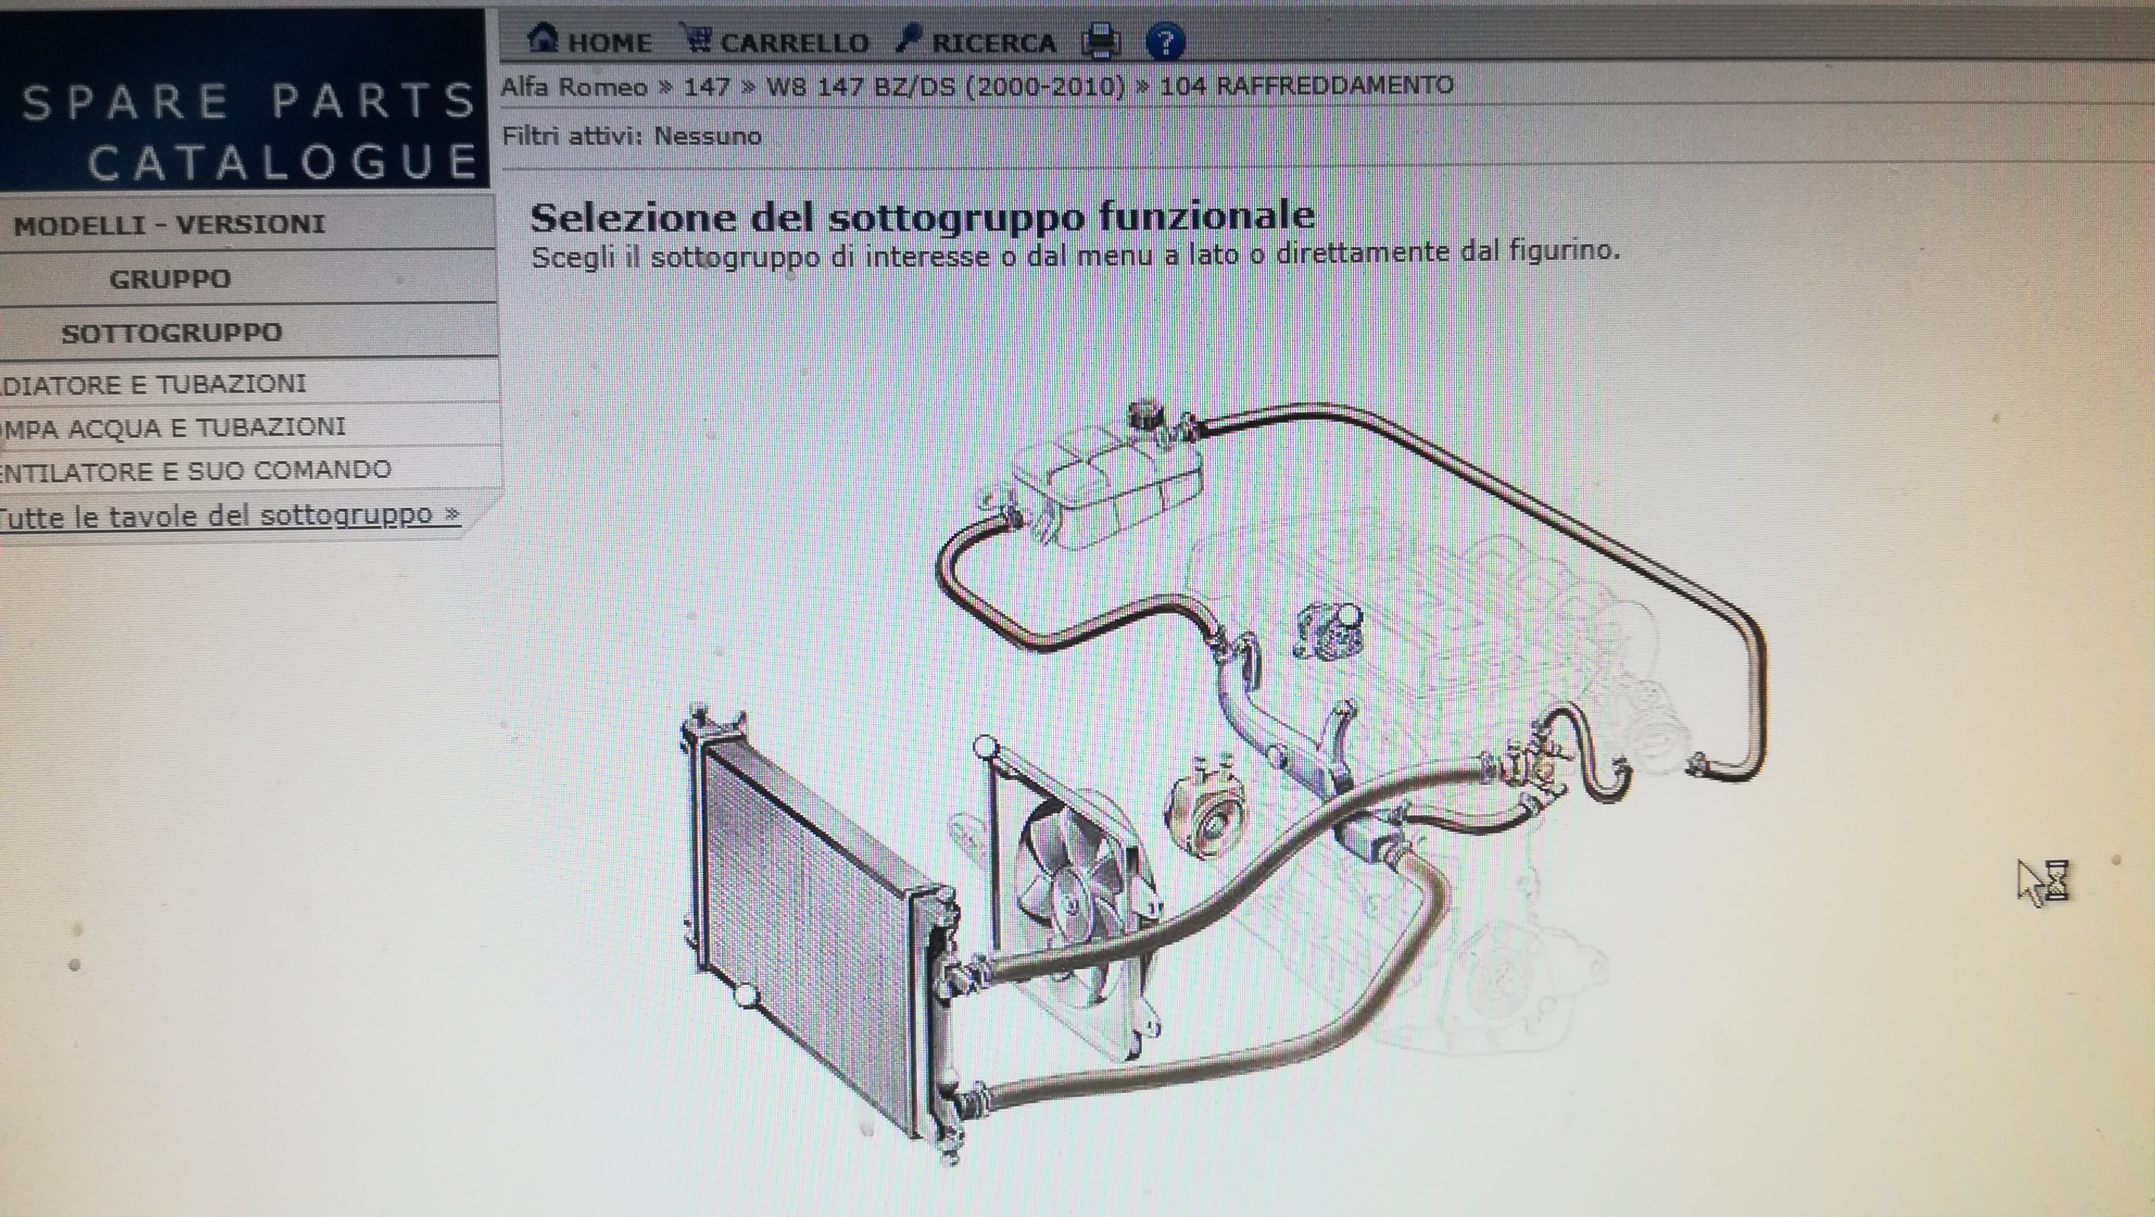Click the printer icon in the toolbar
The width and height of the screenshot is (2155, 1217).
point(1101,41)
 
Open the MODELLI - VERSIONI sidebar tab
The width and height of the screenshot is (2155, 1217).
point(170,224)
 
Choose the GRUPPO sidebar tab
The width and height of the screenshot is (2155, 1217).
point(170,279)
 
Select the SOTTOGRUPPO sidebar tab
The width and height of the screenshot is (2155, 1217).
point(172,333)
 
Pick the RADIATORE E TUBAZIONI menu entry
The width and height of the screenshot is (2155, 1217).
point(153,384)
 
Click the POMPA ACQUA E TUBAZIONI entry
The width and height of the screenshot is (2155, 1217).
point(172,428)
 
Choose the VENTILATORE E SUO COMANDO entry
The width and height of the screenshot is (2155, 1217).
point(195,471)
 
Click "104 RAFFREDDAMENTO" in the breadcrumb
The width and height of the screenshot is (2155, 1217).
point(1307,85)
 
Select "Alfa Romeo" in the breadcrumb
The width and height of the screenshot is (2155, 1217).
point(574,87)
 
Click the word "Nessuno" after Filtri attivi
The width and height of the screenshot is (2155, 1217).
point(708,136)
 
